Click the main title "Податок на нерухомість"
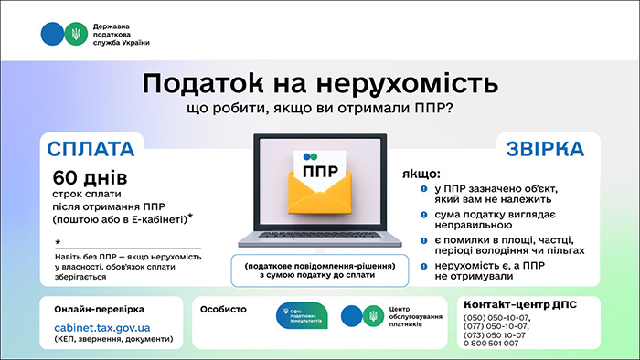point(320,84)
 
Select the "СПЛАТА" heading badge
point(91,149)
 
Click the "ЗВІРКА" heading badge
point(546,149)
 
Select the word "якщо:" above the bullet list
point(421,172)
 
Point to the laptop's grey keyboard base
point(320,243)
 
